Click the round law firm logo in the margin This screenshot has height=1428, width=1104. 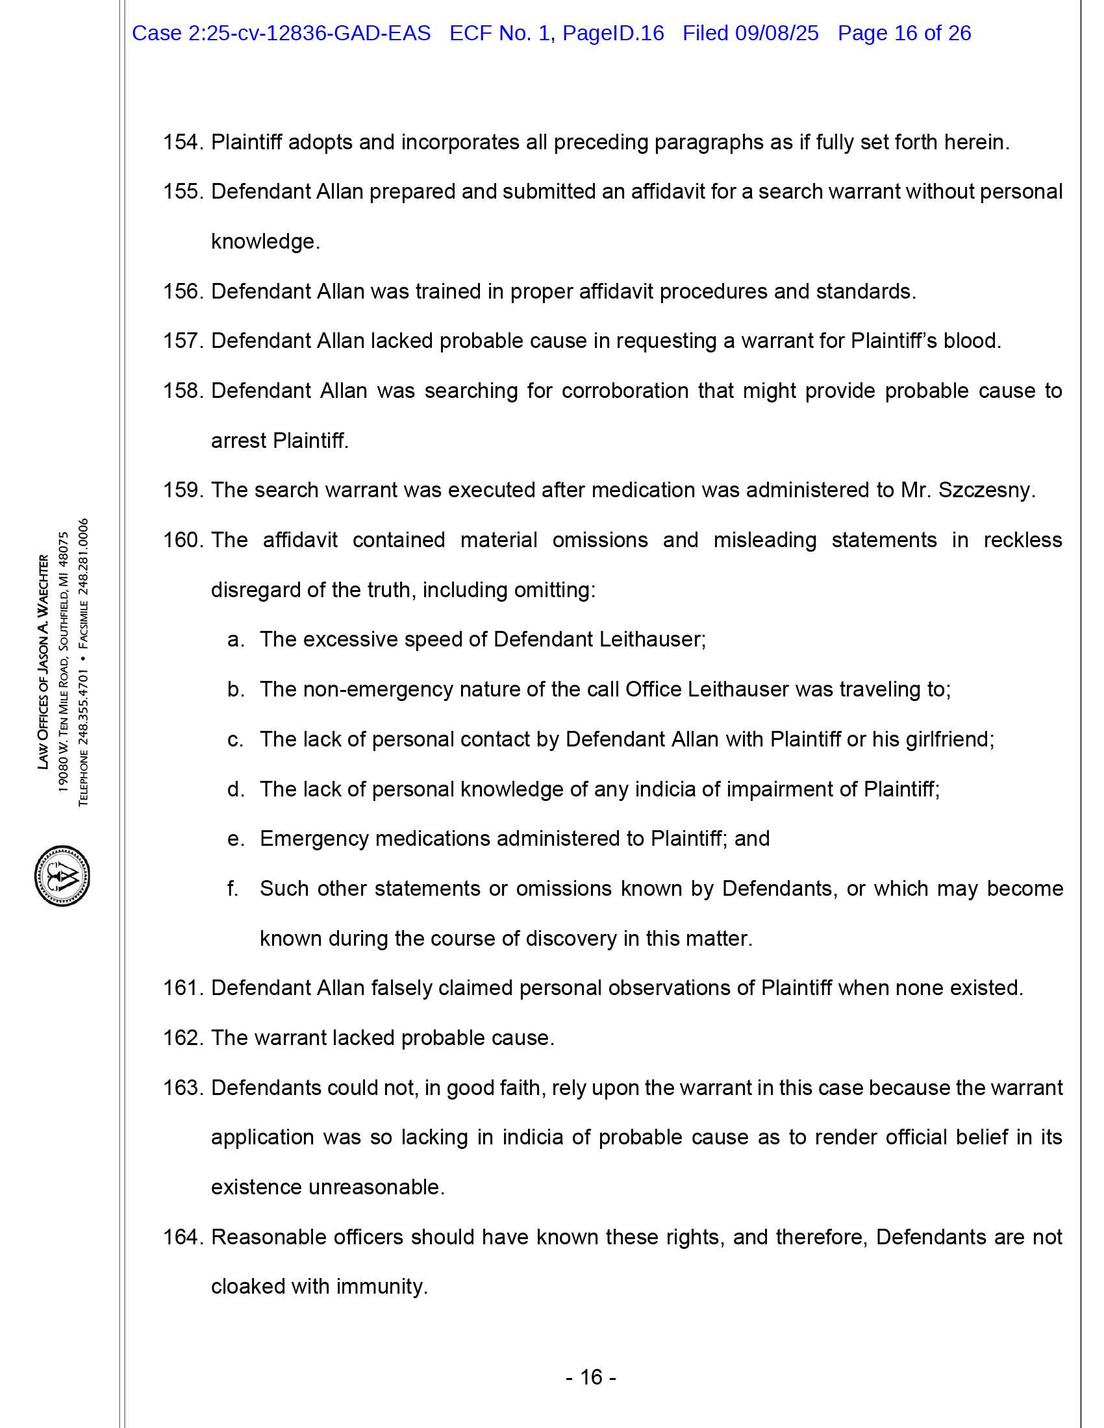click(x=62, y=876)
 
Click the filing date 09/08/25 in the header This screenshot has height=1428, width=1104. click(x=776, y=33)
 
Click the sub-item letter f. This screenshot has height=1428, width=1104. click(x=232, y=889)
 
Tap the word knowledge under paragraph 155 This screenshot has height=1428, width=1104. click(x=265, y=242)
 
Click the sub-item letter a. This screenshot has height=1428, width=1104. click(x=235, y=639)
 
